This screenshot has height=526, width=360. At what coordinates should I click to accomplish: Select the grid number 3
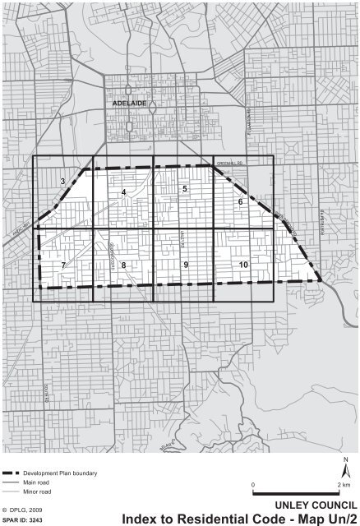point(62,181)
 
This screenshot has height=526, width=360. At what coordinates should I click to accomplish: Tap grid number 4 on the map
point(123,192)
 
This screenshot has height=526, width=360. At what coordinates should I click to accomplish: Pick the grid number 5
point(185,189)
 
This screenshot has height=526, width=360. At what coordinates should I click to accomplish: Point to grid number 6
point(240,201)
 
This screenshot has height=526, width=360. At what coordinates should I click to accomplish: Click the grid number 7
point(62,265)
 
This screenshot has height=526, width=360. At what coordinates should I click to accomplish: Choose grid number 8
point(123,265)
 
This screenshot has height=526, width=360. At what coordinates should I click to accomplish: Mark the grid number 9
point(186,265)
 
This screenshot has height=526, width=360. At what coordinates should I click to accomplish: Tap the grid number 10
point(243,265)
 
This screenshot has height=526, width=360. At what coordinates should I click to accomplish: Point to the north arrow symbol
point(346,466)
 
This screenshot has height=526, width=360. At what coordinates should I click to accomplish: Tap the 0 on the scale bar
point(253,485)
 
